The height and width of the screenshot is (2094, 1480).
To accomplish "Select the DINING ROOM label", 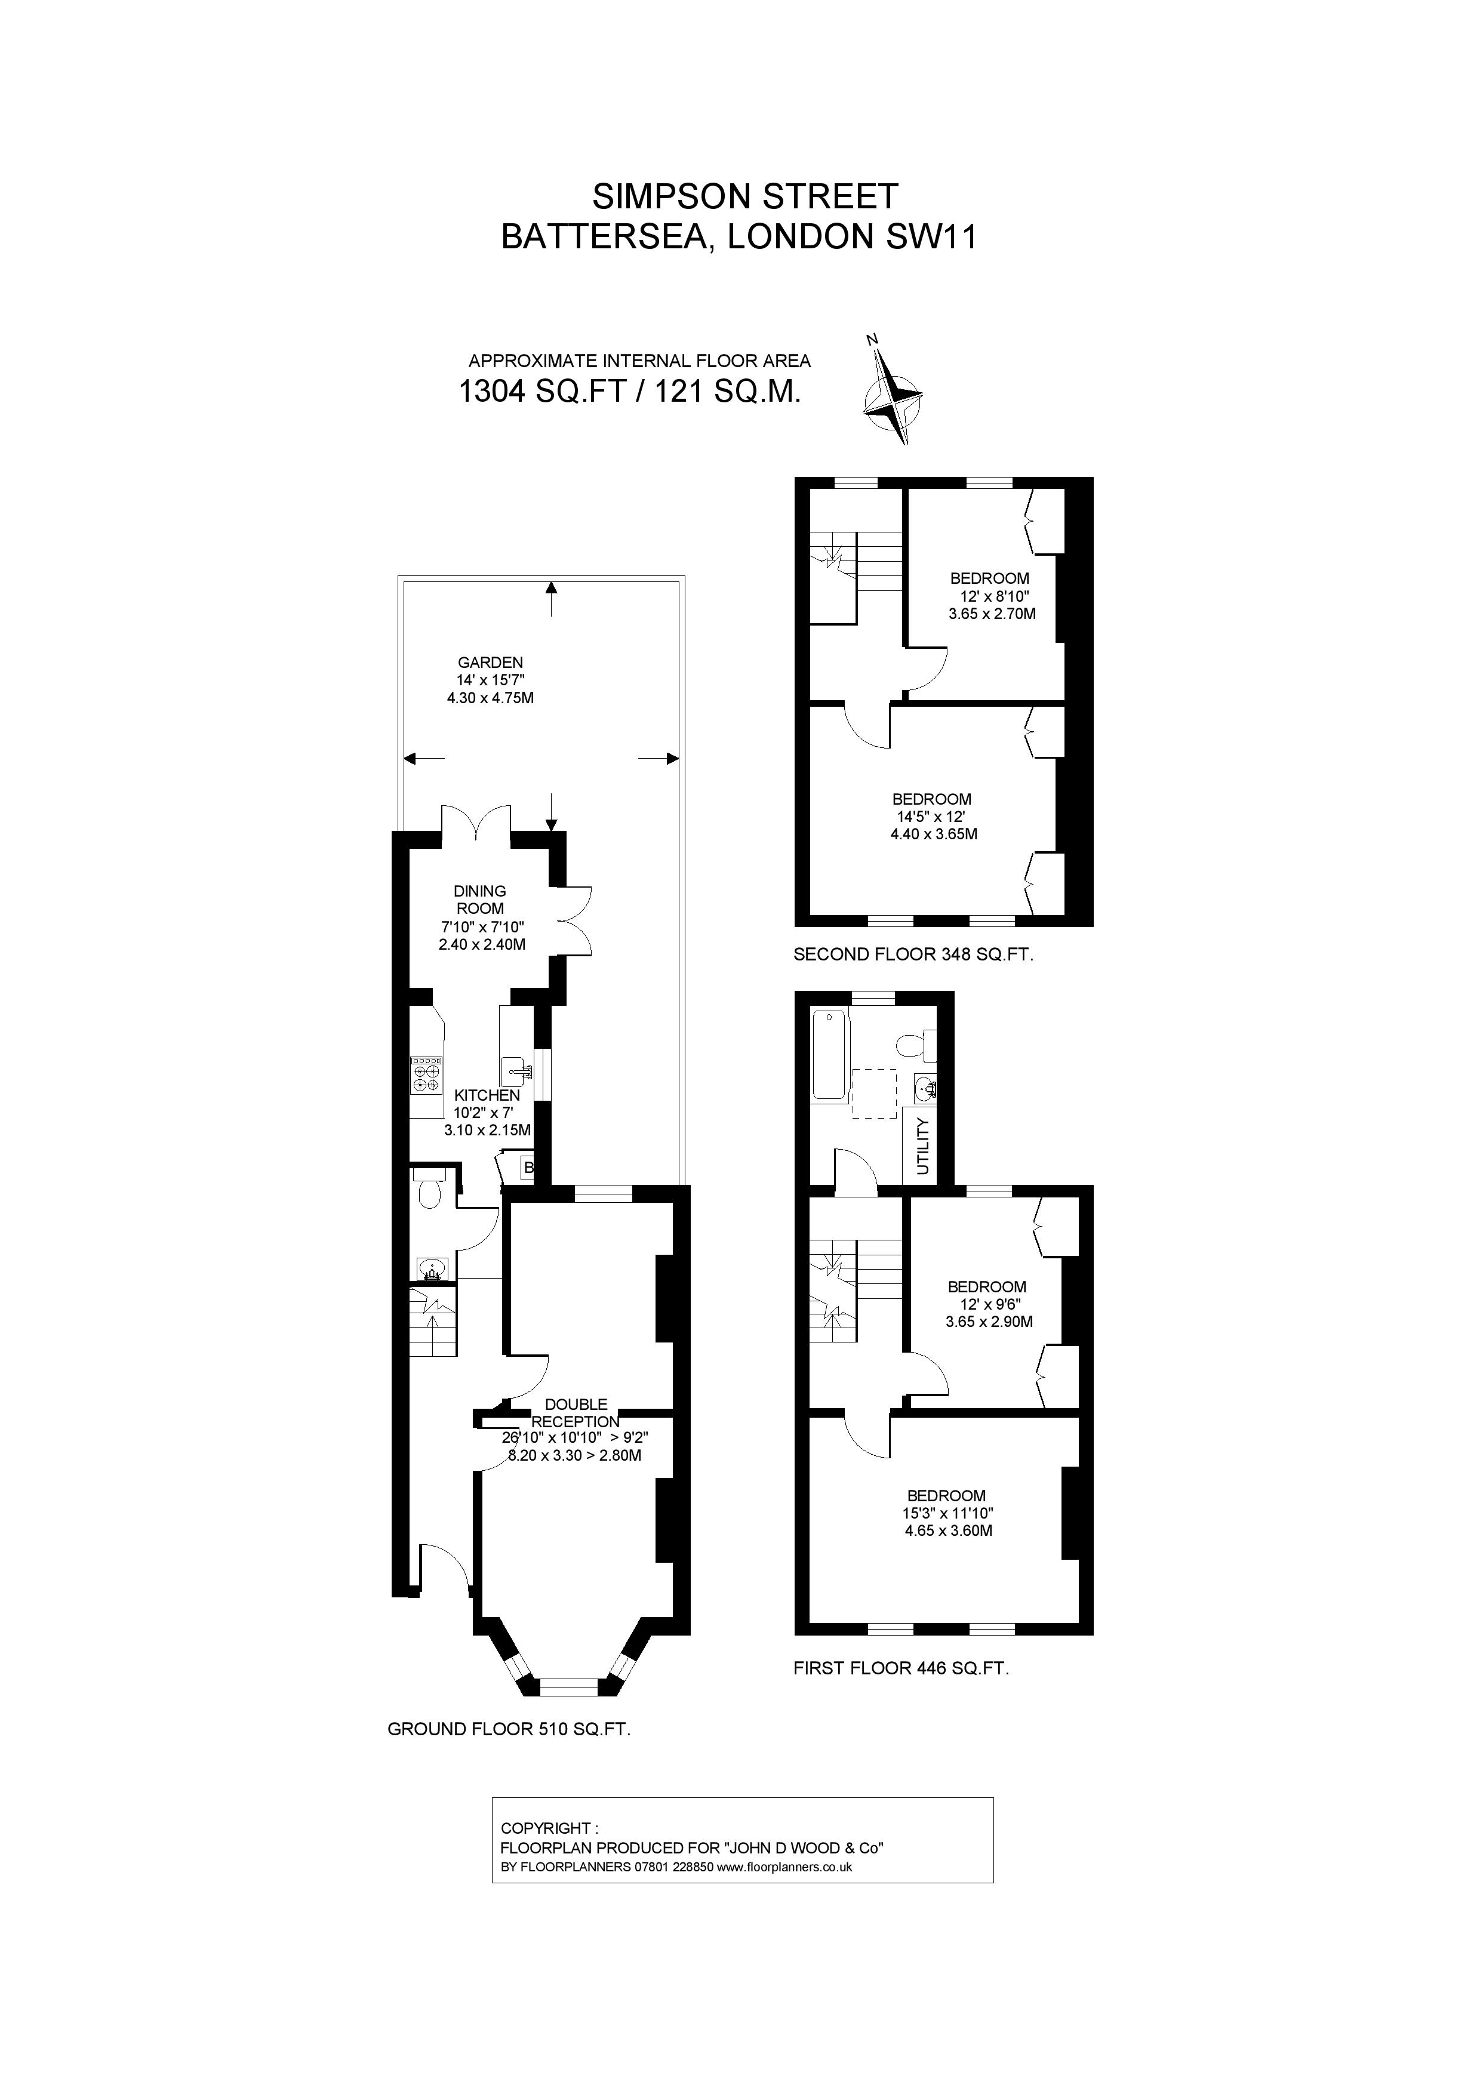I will (479, 899).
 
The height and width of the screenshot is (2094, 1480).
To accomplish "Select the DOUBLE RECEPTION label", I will (576, 1413).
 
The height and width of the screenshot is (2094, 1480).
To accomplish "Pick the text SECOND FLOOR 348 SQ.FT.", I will (913, 955).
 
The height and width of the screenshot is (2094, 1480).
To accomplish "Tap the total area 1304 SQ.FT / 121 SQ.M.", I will (629, 392).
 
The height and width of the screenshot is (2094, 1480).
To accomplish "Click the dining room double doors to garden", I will (476, 821).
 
